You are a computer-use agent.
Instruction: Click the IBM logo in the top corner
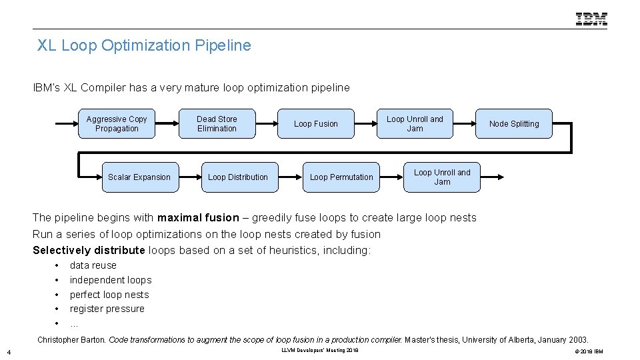tap(591, 19)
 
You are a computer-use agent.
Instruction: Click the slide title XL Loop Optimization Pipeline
tap(144, 45)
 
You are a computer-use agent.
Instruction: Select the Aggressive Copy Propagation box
tap(117, 124)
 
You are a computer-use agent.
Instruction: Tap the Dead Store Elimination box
tap(217, 124)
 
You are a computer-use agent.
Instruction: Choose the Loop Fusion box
tap(316, 124)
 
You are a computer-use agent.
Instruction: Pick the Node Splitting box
tap(514, 124)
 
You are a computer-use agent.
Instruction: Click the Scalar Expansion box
tap(139, 177)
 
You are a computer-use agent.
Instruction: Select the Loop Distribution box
tap(238, 177)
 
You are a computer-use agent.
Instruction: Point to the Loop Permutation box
tap(341, 177)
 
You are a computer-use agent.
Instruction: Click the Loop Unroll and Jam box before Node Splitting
tap(415, 124)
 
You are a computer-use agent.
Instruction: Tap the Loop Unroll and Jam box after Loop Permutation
tap(442, 177)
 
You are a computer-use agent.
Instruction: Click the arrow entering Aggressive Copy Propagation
tap(67, 124)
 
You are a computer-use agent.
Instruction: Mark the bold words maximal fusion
tap(198, 217)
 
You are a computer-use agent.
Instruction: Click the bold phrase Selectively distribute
tap(89, 250)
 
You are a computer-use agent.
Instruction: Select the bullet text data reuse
tap(93, 265)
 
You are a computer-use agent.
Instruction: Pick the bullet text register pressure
tap(107, 309)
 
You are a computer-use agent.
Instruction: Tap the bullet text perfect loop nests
tap(109, 295)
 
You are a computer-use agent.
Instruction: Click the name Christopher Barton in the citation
tap(71, 340)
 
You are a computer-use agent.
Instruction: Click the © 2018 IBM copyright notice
tap(587, 351)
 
